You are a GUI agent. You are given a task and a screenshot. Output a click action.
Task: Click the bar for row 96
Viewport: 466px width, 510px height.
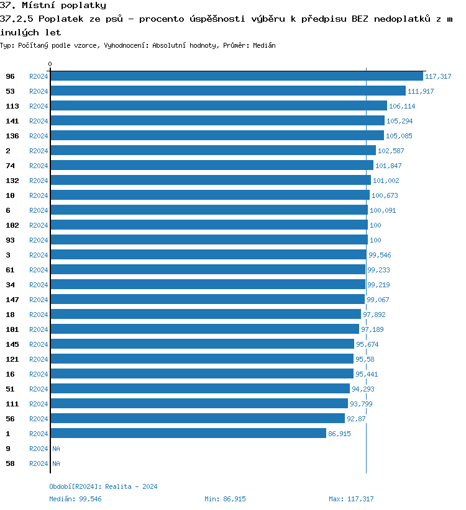[236, 76]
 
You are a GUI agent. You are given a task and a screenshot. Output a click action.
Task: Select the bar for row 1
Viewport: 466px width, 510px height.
[188, 434]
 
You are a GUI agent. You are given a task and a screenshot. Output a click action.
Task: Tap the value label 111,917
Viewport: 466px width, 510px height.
[421, 91]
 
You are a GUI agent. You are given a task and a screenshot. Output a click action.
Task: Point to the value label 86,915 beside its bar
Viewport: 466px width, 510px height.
[339, 434]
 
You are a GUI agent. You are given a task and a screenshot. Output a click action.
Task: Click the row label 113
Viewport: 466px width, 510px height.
[12, 106]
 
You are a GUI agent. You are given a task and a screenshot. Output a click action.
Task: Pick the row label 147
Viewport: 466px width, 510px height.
[12, 300]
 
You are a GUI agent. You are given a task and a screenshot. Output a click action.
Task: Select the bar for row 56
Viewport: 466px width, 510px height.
[197, 419]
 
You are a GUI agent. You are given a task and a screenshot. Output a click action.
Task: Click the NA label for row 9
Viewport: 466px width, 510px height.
[56, 449]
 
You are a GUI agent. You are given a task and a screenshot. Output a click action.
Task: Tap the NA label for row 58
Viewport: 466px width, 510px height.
[56, 463]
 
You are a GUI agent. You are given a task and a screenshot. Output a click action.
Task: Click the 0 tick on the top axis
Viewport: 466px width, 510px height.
[50, 64]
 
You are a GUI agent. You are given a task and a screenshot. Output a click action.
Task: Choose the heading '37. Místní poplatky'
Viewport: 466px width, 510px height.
[53, 6]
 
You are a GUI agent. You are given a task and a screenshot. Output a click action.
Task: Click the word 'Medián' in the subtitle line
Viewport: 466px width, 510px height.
[264, 45]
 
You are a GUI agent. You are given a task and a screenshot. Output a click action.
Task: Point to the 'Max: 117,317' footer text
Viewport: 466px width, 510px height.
[351, 499]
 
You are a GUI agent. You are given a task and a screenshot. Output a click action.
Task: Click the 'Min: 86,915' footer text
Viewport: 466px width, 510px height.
[225, 499]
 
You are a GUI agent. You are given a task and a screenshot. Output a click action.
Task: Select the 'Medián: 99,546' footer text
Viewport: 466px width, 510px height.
[75, 499]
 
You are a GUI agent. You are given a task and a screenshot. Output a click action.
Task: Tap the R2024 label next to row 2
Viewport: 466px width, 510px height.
[39, 151]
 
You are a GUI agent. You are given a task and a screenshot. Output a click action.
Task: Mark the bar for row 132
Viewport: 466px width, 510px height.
[210, 181]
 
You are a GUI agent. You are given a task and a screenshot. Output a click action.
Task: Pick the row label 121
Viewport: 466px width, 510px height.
[12, 359]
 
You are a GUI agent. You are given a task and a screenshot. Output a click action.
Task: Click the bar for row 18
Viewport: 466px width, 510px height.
[205, 315]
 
